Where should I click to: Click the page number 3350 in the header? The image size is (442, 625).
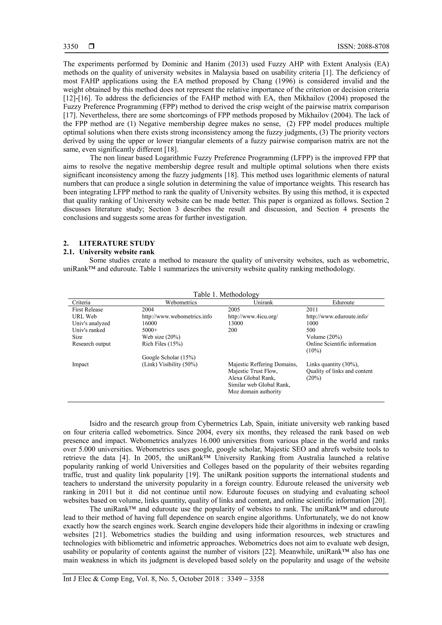coord(71,47)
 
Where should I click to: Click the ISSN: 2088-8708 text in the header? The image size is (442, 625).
coord(363,47)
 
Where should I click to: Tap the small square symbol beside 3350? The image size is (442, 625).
coord(92,47)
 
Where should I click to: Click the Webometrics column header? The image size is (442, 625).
coord(181,302)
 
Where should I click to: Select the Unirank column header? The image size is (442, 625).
coord(263,302)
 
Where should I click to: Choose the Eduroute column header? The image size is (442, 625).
coord(343,302)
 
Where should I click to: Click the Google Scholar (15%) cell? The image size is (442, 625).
coord(169,357)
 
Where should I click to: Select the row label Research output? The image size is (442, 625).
coord(91,344)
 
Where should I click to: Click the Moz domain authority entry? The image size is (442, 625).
coord(254,392)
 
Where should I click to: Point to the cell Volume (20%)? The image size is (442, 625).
coord(324,337)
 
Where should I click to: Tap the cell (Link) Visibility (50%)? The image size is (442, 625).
coord(169,364)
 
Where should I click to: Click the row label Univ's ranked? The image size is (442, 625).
coord(88,330)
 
